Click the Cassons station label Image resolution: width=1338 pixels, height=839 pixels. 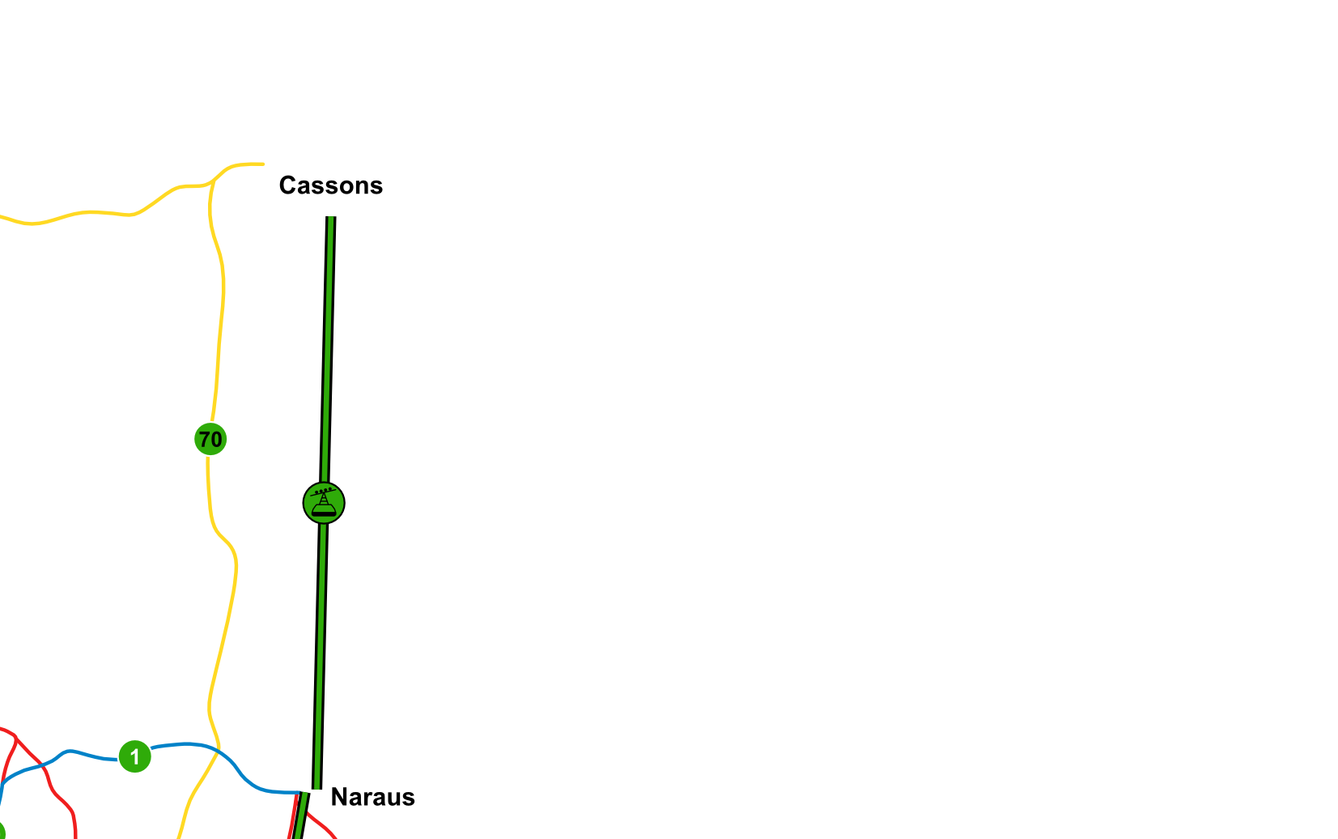(331, 185)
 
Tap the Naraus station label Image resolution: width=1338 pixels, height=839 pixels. (373, 797)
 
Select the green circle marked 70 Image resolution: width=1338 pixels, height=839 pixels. (210, 440)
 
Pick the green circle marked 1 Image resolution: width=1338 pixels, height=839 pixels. (135, 756)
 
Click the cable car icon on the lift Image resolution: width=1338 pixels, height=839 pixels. (324, 503)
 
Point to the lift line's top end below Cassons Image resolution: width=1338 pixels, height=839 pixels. (331, 217)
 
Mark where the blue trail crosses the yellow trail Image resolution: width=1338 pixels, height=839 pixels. (219, 751)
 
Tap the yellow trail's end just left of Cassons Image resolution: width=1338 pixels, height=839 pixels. (264, 164)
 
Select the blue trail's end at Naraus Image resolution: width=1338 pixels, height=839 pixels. (301, 792)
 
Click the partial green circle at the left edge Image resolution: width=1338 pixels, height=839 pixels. (1, 831)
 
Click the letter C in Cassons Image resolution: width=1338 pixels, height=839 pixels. (287, 185)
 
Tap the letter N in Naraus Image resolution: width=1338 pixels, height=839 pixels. (339, 797)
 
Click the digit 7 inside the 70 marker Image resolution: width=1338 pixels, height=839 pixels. (205, 440)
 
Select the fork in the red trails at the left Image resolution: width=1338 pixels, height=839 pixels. (16, 738)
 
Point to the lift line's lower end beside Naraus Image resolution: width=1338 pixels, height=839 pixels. (317, 787)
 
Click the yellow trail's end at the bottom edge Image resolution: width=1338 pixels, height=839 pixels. (178, 837)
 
